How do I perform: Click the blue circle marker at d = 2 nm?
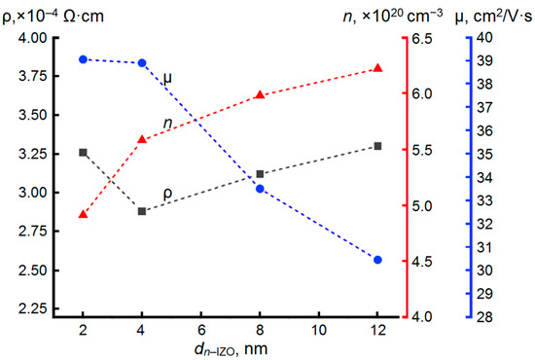83,59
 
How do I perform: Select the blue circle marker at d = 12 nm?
377,260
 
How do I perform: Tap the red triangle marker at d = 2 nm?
83,214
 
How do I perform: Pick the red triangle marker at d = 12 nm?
377,68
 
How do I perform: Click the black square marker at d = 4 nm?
142,211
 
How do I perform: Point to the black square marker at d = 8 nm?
260,174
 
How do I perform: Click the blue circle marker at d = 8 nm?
260,189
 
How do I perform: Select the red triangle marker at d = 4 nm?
142,139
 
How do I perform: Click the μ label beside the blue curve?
167,76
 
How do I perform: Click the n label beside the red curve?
167,123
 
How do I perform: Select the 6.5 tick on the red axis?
423,38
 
